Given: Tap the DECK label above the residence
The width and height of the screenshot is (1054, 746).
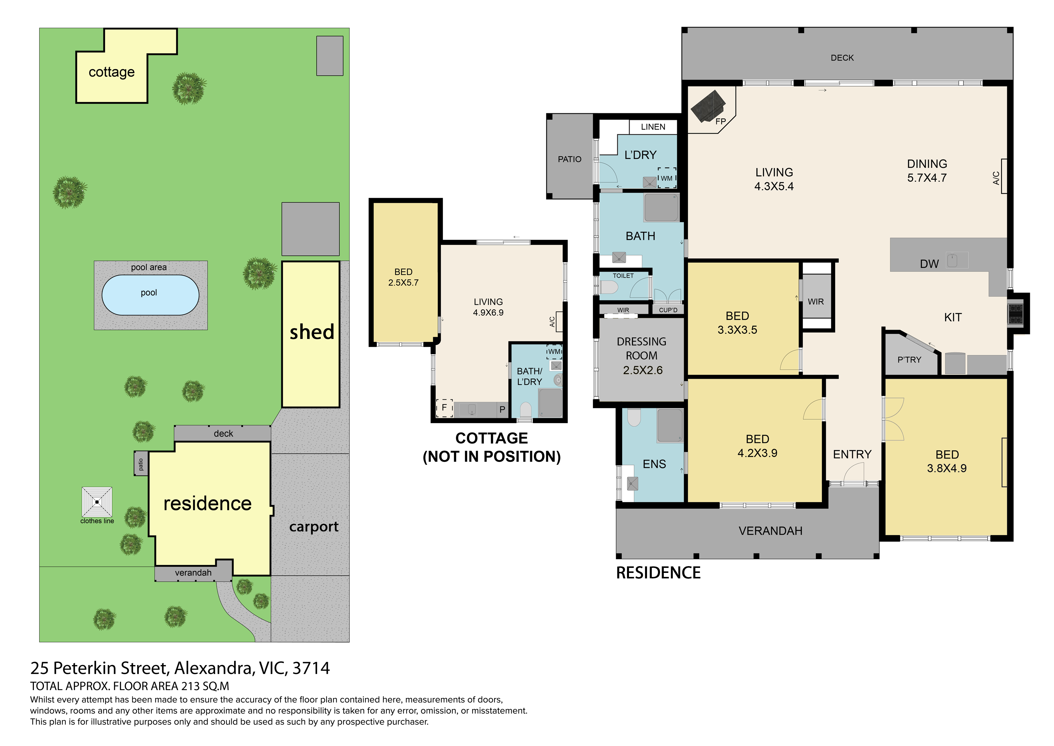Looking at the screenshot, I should pyautogui.click(x=842, y=58).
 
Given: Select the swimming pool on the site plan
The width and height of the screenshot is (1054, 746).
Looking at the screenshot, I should pyautogui.click(x=150, y=295).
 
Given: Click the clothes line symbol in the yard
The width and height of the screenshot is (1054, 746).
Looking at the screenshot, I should pyautogui.click(x=97, y=502).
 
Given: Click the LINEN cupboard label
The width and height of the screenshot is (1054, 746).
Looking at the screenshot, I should pyautogui.click(x=653, y=127).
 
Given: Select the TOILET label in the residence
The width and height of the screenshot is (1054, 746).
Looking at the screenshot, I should pyautogui.click(x=623, y=276).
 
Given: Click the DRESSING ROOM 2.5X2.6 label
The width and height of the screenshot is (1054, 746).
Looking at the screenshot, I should pyautogui.click(x=642, y=355).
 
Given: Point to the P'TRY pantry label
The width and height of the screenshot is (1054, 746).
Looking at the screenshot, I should pyautogui.click(x=909, y=360).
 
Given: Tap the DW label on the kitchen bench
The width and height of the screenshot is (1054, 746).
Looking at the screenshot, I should pyautogui.click(x=929, y=264).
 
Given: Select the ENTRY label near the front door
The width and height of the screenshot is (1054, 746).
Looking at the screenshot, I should pyautogui.click(x=852, y=454).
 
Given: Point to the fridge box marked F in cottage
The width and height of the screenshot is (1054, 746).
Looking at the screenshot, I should pyautogui.click(x=444, y=408).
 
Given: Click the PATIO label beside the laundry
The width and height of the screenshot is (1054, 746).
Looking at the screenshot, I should pyautogui.click(x=569, y=159).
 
